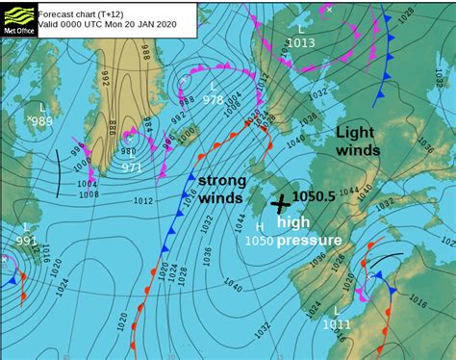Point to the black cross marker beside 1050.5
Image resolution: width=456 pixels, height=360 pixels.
click(x=281, y=204)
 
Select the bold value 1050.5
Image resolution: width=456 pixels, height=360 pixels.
click(x=314, y=195)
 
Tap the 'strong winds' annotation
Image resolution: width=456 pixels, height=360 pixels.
click(x=221, y=190)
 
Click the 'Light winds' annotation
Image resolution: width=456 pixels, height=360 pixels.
click(x=358, y=141)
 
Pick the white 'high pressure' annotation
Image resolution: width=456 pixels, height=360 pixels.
click(x=308, y=231)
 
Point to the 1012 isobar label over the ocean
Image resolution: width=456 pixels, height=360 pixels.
click(x=142, y=200)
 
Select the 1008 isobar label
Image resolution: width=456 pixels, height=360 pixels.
click(x=89, y=193)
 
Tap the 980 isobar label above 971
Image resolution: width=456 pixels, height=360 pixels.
click(x=128, y=150)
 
